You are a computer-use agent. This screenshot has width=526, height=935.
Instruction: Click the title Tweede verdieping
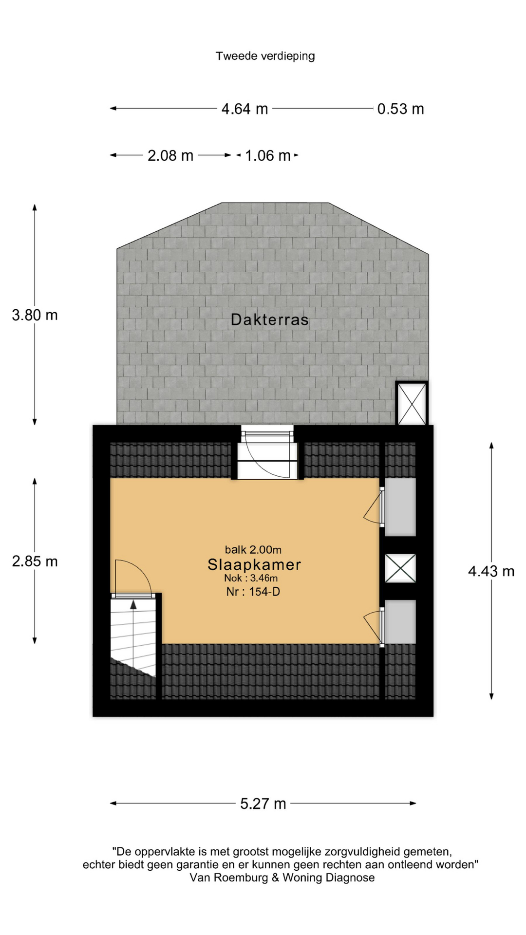pyautogui.click(x=265, y=56)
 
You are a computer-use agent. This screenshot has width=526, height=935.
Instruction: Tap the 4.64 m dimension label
pyautogui.click(x=244, y=109)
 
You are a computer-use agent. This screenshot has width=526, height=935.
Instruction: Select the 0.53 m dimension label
pyautogui.click(x=400, y=109)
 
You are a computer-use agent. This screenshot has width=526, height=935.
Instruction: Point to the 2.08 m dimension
pyautogui.click(x=170, y=156)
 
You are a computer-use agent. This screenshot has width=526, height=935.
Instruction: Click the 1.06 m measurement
pyautogui.click(x=268, y=156)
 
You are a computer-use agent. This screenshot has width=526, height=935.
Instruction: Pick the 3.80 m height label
pyautogui.click(x=35, y=315)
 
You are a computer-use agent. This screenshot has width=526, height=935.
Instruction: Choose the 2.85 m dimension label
pyautogui.click(x=35, y=561)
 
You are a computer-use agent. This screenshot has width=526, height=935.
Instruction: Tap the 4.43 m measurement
pyautogui.click(x=491, y=571)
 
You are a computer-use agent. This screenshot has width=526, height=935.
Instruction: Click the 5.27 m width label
pyautogui.click(x=263, y=804)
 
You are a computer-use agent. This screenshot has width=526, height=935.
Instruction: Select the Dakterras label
pyautogui.click(x=269, y=319)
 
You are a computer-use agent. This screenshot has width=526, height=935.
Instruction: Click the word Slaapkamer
pyautogui.click(x=254, y=564)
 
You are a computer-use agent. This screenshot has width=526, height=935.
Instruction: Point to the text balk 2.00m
pyautogui.click(x=253, y=550)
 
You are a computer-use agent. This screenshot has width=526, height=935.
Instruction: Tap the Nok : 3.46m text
pyautogui.click(x=251, y=578)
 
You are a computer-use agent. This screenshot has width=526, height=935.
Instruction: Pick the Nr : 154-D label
pyautogui.click(x=253, y=592)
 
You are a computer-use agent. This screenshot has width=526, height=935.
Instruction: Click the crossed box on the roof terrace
pyautogui.click(x=412, y=404)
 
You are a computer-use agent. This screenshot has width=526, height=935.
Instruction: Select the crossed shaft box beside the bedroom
pyautogui.click(x=400, y=568)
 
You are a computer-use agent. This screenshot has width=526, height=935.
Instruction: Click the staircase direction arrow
pyautogui.click(x=133, y=605)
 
